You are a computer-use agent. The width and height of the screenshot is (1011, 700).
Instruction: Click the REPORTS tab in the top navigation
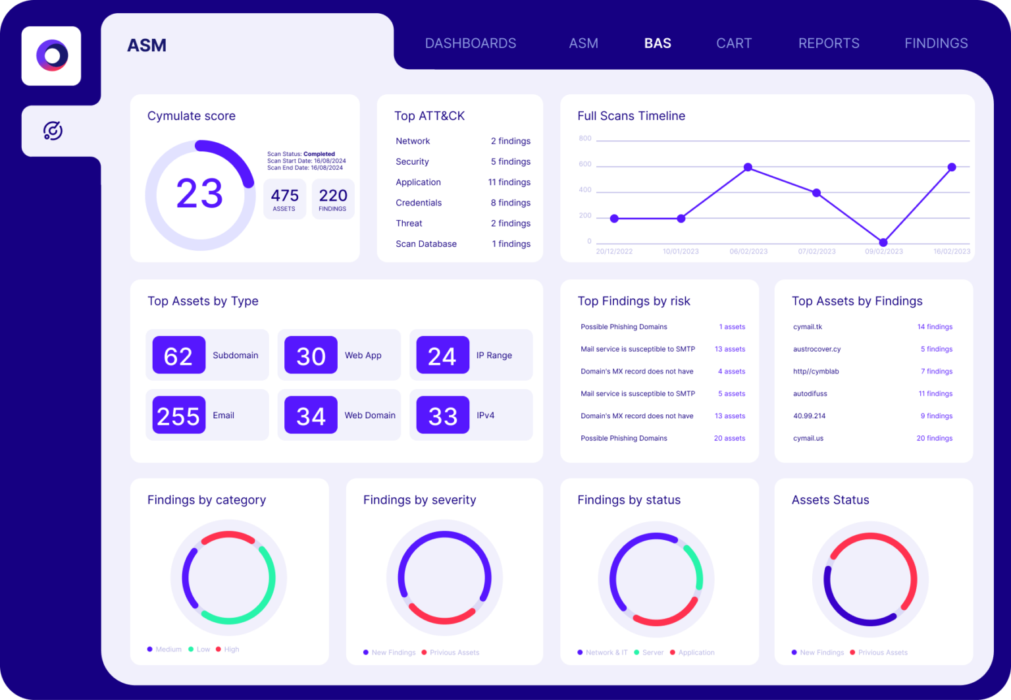(829, 43)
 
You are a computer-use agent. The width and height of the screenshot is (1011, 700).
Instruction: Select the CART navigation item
(734, 43)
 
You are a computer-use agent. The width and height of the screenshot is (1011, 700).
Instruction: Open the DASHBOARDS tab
(471, 43)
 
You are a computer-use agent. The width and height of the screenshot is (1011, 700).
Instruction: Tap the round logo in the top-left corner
(52, 56)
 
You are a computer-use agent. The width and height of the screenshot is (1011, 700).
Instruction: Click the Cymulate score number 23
(199, 194)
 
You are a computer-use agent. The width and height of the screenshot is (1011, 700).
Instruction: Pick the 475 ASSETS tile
(284, 199)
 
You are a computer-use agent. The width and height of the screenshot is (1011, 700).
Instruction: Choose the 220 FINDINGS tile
(333, 199)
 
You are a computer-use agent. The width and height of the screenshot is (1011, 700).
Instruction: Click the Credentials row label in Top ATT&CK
(419, 203)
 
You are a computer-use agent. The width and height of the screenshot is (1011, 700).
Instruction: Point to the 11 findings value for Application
(509, 182)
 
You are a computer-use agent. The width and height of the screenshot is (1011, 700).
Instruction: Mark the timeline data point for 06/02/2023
(748, 167)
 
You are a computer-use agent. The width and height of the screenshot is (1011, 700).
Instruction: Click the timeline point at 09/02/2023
(883, 242)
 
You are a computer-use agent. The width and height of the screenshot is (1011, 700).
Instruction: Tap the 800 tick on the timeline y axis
(585, 138)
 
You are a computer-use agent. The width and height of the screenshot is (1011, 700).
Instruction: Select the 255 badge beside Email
(178, 416)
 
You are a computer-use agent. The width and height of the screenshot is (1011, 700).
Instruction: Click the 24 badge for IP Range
(442, 356)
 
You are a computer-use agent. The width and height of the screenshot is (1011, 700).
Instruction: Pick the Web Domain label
(370, 416)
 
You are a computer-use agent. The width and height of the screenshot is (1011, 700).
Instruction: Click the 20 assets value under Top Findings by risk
(729, 439)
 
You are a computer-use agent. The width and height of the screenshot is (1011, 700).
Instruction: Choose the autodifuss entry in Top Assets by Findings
(810, 394)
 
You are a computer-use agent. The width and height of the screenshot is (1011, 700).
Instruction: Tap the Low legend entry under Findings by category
(203, 649)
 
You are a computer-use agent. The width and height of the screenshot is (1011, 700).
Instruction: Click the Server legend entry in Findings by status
(652, 653)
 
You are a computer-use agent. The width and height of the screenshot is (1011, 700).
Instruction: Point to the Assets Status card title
(830, 500)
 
